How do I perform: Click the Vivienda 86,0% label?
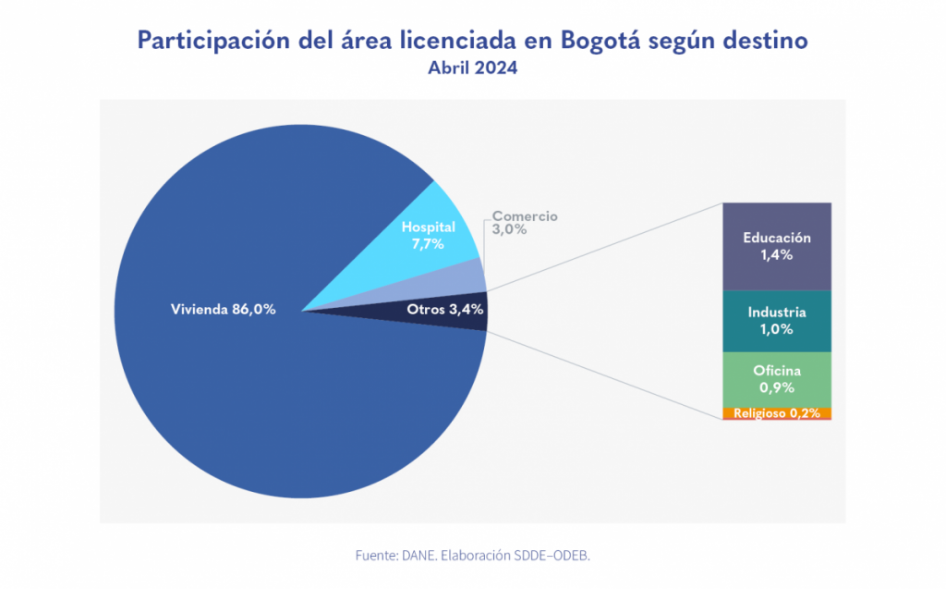click(x=223, y=310)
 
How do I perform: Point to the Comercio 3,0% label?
click(x=524, y=223)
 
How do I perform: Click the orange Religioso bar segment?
click(x=777, y=413)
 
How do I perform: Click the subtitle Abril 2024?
click(x=473, y=68)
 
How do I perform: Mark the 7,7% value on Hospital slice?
click(x=429, y=244)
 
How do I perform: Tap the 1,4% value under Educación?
click(x=777, y=255)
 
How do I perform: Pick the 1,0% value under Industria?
click(x=777, y=329)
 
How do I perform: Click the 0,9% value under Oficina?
click(x=777, y=387)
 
